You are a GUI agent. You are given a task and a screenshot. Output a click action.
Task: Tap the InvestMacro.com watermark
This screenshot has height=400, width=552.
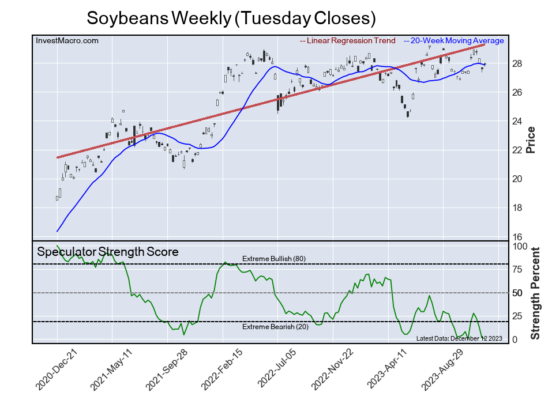(x=67, y=40)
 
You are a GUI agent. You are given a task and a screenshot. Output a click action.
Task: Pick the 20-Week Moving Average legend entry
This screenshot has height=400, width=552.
(x=453, y=41)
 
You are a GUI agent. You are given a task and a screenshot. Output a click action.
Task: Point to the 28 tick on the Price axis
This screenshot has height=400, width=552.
(x=517, y=63)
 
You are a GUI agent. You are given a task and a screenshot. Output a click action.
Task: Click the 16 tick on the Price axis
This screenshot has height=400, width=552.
(x=517, y=237)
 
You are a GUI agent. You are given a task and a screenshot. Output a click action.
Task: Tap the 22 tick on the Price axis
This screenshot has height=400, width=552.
(x=517, y=150)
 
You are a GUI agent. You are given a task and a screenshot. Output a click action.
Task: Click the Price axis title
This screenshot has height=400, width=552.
(x=531, y=139)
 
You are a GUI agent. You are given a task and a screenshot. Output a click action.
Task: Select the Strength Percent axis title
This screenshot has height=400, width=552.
(x=535, y=293)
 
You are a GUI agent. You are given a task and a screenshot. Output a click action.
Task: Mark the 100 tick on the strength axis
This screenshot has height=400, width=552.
(x=520, y=246)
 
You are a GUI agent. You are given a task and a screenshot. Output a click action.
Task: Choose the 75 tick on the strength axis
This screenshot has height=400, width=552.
(x=518, y=269)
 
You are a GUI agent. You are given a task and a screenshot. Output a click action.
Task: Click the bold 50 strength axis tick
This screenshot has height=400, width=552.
(x=518, y=293)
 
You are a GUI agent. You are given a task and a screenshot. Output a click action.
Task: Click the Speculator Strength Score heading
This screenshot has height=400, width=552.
(x=108, y=252)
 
